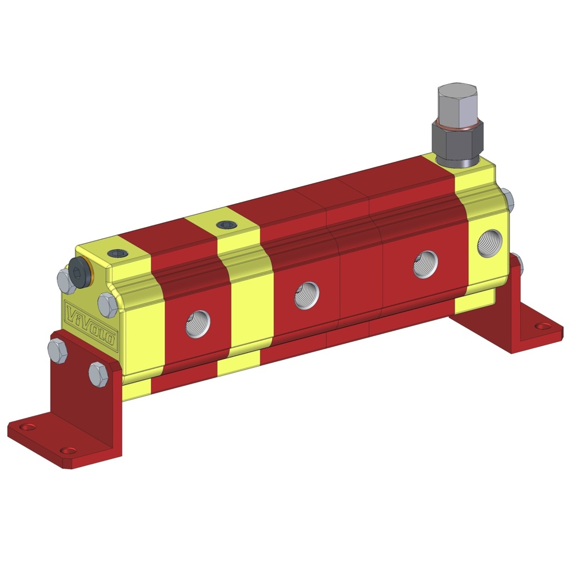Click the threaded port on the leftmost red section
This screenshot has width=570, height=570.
point(198,323)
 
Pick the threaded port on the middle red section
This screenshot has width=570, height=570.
point(307,294)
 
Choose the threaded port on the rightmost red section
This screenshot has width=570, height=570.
point(425,264)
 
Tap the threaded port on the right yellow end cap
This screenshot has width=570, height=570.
point(490,243)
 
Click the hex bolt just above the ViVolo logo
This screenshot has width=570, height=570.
point(107,304)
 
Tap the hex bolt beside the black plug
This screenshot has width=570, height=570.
point(66,281)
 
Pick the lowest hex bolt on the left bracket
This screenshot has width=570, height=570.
point(98,374)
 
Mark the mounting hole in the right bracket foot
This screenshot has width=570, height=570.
point(540,327)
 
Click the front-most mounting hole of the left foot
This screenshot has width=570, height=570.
point(68,450)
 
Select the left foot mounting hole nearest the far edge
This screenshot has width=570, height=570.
point(27,427)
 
